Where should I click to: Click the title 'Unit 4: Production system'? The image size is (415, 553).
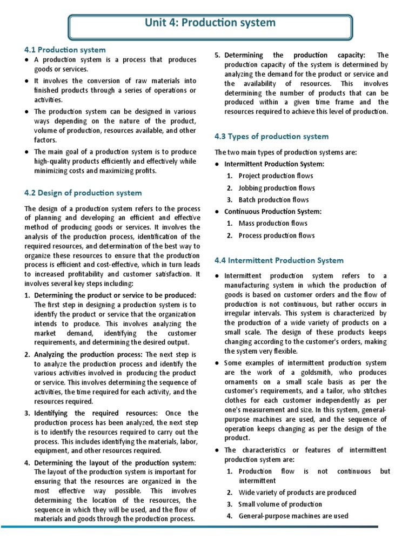pos(210,23)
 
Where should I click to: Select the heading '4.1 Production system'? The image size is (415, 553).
pos(65,50)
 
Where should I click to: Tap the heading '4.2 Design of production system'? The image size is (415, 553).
pos(83,193)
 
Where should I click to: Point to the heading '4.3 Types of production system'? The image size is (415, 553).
pos(271,136)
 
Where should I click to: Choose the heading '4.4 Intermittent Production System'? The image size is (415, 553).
pos(279,260)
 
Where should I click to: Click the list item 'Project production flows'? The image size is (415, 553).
pos(276,176)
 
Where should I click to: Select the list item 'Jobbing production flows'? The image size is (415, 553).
pos(277,188)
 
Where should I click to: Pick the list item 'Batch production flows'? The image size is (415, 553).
pos(273,200)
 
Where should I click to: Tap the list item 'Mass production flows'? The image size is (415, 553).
pos(273,223)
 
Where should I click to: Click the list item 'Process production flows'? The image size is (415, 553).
pos(276,235)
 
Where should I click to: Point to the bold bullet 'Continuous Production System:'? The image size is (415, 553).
pos(273,212)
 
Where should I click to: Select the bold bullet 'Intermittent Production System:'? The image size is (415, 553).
pos(275,164)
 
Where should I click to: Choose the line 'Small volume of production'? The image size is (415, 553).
pos(280,504)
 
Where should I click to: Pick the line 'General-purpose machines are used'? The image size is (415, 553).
pos(293,516)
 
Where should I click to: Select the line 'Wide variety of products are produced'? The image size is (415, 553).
pos(297,493)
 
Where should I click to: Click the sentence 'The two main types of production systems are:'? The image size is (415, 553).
pos(286,152)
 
